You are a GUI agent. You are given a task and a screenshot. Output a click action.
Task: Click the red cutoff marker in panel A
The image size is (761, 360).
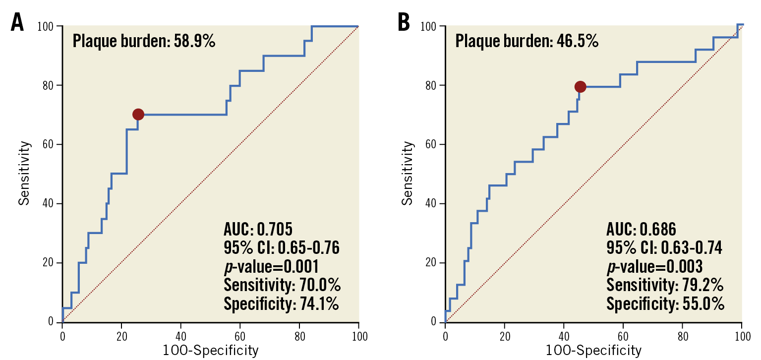138,115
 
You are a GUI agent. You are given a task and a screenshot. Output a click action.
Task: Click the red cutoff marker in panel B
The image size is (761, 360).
580,87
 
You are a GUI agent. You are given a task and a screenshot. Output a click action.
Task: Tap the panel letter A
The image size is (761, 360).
17,23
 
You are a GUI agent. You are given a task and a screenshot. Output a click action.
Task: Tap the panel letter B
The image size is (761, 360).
404,23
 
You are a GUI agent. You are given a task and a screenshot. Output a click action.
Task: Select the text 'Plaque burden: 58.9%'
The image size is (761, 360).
144,41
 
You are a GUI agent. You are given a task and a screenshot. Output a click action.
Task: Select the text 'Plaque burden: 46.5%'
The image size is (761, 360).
527,41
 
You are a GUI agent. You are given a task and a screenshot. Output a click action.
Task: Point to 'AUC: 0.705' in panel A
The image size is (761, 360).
258,229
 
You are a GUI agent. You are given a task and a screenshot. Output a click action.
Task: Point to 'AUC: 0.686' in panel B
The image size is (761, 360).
641,229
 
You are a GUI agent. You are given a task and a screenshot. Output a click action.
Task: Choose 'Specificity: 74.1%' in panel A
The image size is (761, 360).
281,303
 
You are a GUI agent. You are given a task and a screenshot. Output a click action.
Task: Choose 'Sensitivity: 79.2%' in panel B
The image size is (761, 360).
665,285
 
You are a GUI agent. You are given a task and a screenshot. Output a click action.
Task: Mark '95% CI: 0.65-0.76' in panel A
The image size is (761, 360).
282,247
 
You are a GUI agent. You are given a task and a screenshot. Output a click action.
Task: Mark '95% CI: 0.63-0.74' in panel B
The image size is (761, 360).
664,247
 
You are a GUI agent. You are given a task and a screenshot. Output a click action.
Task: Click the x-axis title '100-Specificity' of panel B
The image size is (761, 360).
593,351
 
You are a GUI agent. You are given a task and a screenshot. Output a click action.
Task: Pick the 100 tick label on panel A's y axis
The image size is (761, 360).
46,26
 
